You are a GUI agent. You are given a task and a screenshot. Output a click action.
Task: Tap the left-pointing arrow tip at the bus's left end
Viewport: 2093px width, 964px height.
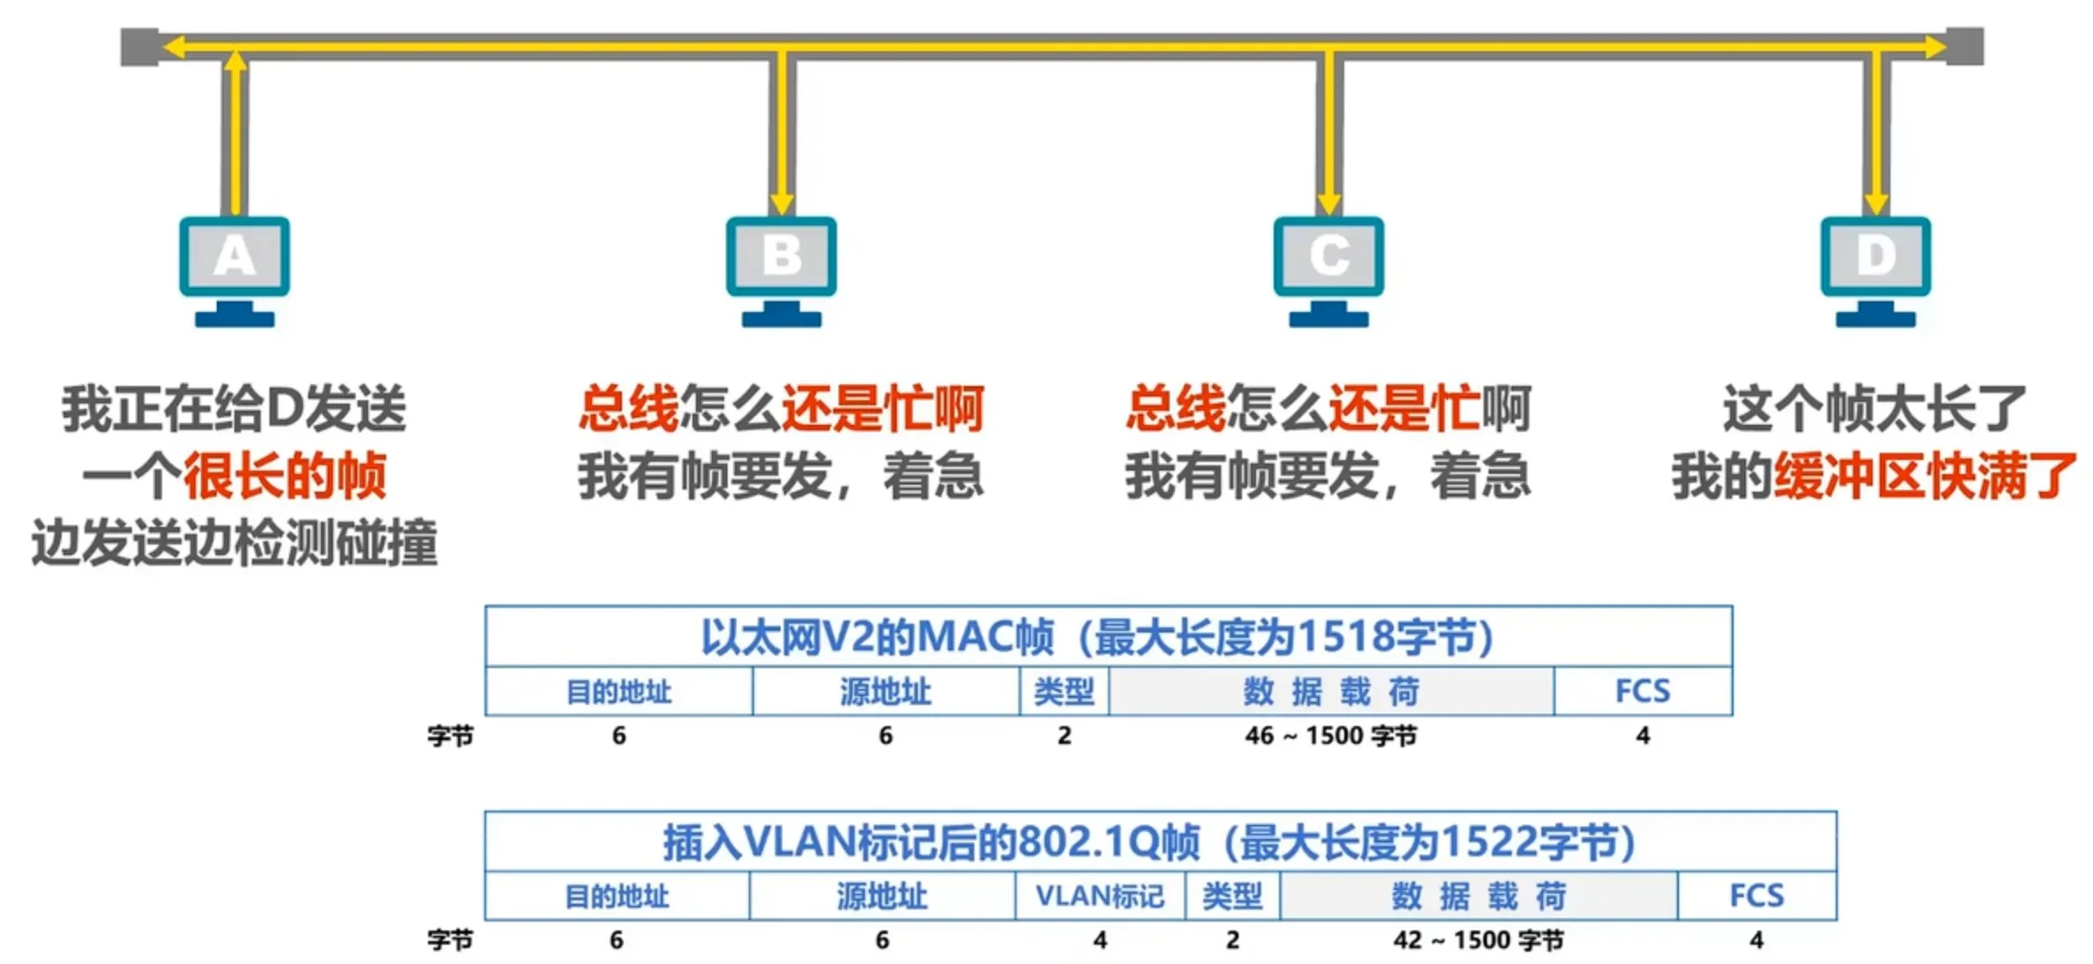click(x=164, y=47)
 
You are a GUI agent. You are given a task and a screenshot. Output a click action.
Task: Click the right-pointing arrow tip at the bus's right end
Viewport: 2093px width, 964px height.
click(x=1948, y=47)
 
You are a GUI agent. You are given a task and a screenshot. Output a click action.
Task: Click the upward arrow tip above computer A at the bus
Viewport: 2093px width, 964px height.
click(x=234, y=51)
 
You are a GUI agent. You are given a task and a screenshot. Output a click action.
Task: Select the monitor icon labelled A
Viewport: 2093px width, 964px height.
click(x=234, y=271)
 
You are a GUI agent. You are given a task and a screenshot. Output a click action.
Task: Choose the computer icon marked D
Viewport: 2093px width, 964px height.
click(x=1876, y=271)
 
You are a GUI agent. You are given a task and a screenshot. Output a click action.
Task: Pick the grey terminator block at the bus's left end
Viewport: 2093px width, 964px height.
click(x=139, y=47)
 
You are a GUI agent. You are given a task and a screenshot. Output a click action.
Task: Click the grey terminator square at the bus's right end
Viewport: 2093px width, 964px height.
click(x=1965, y=47)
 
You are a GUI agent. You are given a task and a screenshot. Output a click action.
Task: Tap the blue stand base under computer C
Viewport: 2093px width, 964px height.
click(x=1329, y=318)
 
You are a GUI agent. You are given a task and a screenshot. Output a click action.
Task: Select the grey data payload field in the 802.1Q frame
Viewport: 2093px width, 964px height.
click(x=1479, y=896)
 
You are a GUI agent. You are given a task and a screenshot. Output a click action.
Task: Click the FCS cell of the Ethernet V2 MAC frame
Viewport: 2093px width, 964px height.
click(x=1643, y=691)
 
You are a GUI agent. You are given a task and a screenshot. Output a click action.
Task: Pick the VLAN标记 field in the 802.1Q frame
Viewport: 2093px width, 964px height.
click(x=1100, y=896)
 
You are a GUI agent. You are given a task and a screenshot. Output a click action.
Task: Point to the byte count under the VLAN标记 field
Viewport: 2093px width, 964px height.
click(x=1100, y=940)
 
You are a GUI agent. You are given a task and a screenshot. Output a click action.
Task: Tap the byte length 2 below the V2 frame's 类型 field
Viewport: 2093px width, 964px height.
click(x=1064, y=736)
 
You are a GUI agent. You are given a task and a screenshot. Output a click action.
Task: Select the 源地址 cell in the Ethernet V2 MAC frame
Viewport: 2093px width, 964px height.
click(x=886, y=691)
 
